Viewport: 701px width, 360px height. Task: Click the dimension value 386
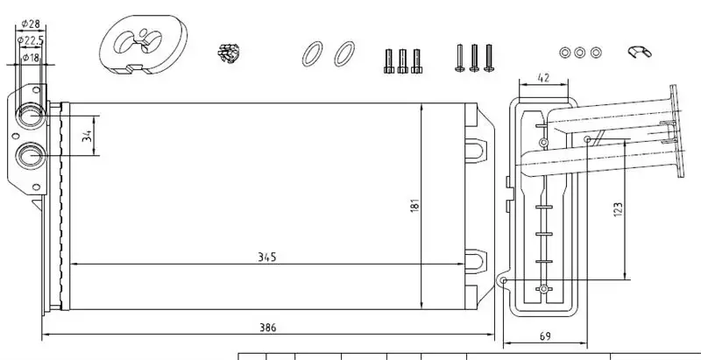coord(267,328)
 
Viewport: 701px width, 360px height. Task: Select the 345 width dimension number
coord(267,257)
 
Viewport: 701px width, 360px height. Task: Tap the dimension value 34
coord(85,136)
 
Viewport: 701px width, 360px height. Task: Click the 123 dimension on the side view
coord(617,208)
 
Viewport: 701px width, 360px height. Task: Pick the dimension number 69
coord(544,336)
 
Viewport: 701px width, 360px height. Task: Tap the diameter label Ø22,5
coord(30,39)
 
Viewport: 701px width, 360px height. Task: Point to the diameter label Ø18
coord(29,57)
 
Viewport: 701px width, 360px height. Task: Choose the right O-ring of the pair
coord(344,53)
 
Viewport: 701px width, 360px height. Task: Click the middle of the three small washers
coord(580,53)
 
